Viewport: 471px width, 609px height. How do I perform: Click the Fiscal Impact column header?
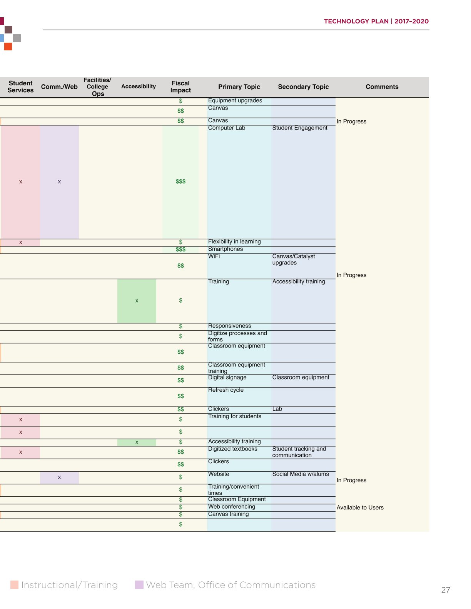click(180, 87)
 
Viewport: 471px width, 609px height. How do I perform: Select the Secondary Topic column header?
click(303, 87)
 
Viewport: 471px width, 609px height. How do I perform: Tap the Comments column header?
click(382, 87)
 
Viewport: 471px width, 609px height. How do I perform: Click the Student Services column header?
click(20, 87)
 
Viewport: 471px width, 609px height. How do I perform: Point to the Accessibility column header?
click(138, 87)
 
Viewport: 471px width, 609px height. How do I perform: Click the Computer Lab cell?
click(226, 128)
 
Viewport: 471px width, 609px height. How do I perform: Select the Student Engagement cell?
click(300, 128)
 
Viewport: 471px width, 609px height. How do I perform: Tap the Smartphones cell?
click(225, 249)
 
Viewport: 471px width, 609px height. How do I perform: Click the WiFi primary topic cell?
click(214, 256)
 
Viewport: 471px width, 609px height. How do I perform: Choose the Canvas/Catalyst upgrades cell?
click(294, 260)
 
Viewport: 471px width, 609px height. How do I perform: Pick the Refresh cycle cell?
click(225, 390)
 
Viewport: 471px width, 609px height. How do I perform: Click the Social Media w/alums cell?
click(301, 474)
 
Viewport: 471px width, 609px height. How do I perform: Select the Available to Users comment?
click(360, 507)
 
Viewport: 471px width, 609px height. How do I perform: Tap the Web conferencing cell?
click(231, 506)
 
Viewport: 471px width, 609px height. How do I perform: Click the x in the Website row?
click(59, 477)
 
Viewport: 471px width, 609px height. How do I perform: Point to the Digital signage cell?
click(227, 378)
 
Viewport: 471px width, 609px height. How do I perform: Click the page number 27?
click(446, 590)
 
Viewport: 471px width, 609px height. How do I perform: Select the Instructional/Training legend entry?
click(64, 585)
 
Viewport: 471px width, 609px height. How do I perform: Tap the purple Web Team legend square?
click(139, 585)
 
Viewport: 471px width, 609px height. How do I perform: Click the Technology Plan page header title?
click(376, 21)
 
